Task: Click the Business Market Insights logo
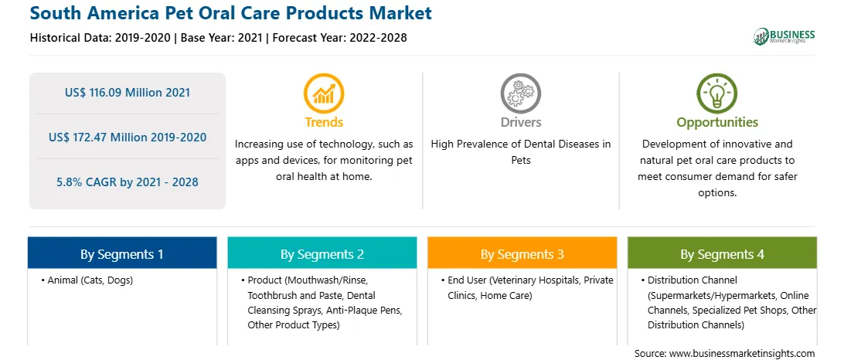[784, 36]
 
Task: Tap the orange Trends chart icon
[324, 93]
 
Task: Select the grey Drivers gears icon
[520, 93]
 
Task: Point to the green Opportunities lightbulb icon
[717, 93]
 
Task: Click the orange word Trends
[324, 122]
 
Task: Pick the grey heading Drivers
[520, 122]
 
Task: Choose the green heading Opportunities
[717, 123]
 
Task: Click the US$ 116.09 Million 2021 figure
[127, 93]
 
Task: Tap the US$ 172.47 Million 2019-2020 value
[127, 138]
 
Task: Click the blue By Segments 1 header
[122, 253]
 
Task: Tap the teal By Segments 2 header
[322, 253]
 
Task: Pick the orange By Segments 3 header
[522, 253]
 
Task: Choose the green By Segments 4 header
[723, 253]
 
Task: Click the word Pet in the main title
[223, 13]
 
